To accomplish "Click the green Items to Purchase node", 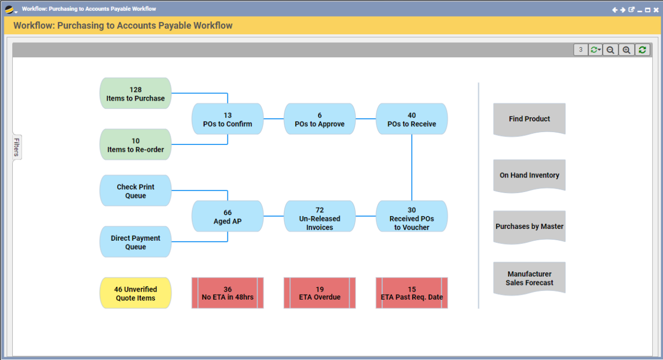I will (x=135, y=94).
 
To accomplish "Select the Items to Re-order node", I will (x=135, y=145).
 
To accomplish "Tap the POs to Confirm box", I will (x=227, y=119).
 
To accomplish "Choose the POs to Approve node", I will (x=319, y=119).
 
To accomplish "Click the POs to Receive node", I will (x=411, y=119).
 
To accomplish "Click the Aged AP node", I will (x=227, y=217).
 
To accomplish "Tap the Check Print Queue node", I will (x=135, y=191).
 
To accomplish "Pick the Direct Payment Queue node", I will (x=135, y=242).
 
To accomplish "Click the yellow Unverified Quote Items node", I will (x=135, y=293).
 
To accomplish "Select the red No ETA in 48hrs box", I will (x=227, y=293).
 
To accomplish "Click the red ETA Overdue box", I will (x=319, y=293).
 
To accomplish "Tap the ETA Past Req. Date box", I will (x=411, y=293).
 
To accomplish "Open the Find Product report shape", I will (x=529, y=119).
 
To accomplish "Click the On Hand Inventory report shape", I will (x=529, y=175).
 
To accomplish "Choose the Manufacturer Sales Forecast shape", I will (x=529, y=278).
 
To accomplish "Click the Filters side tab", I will (x=17, y=147).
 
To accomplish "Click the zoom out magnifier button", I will (x=610, y=50).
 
